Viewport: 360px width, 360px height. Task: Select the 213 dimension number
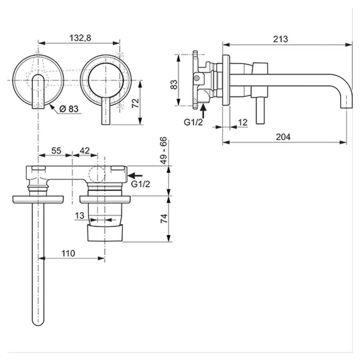pyautogui.click(x=281, y=39)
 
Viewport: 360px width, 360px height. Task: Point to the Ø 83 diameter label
pyautogui.click(x=69, y=109)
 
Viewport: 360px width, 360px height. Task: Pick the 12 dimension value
pyautogui.click(x=242, y=122)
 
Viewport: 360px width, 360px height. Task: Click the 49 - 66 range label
pyautogui.click(x=163, y=150)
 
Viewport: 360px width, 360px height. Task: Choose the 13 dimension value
pyautogui.click(x=80, y=216)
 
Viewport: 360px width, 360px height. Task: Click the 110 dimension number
pyautogui.click(x=68, y=253)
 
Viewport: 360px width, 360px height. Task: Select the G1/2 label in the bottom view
pyautogui.click(x=141, y=184)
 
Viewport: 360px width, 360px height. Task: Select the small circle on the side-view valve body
pyautogui.click(x=197, y=78)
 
